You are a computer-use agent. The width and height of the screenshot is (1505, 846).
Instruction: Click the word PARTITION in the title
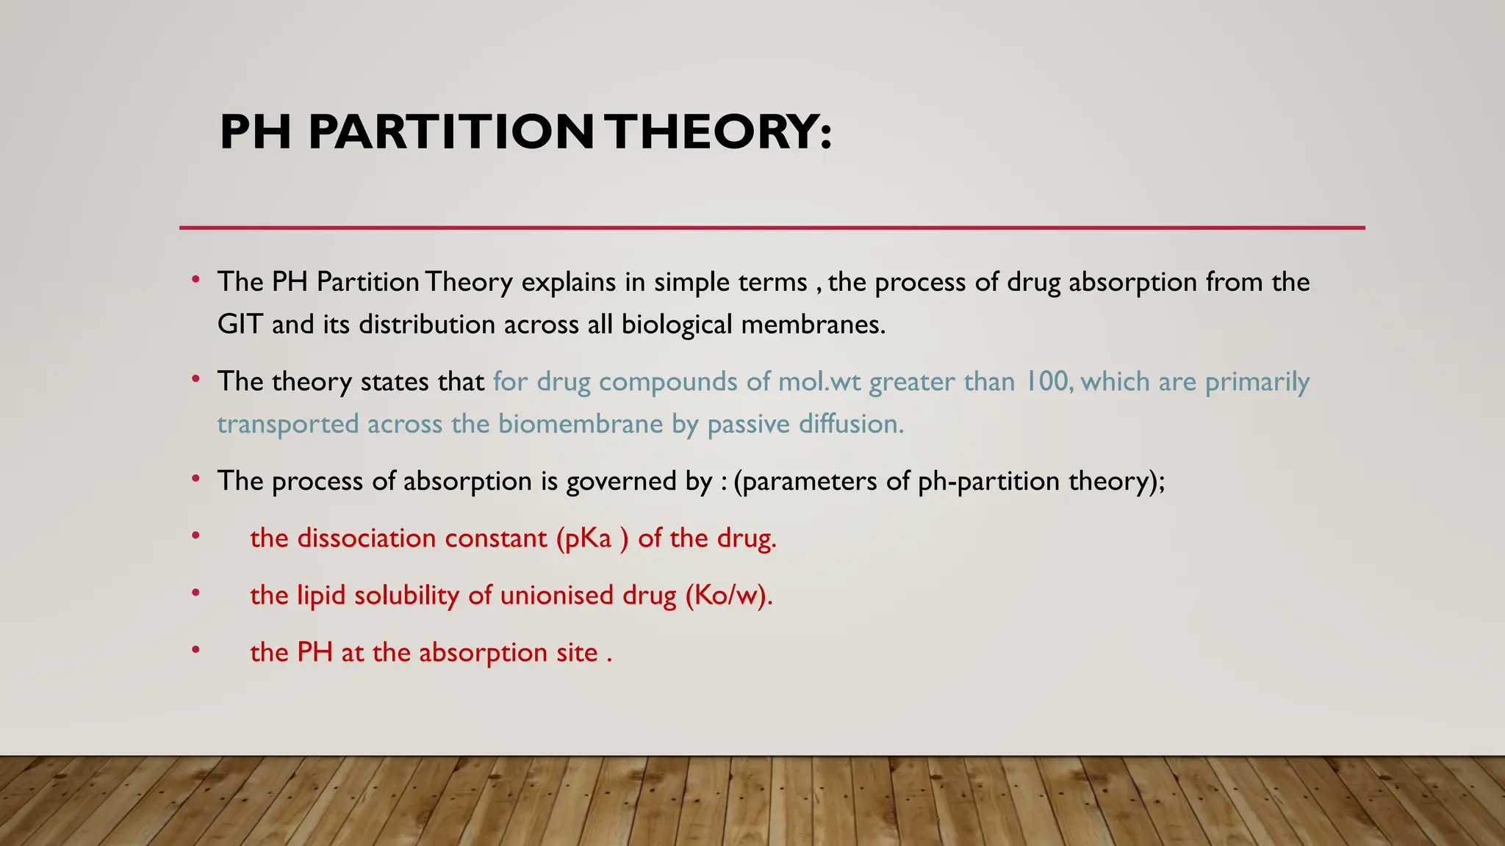point(450,132)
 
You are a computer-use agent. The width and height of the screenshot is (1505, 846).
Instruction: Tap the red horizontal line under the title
point(772,228)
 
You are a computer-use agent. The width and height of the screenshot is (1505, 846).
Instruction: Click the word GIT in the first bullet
point(240,325)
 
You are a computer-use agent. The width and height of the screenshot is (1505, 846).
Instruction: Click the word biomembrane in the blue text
point(581,424)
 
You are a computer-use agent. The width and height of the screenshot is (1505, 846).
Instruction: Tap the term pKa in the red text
point(588,538)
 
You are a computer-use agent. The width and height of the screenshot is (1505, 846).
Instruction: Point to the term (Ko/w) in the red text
point(728,595)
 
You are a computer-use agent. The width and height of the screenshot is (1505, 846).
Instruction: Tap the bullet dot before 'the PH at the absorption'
point(195,649)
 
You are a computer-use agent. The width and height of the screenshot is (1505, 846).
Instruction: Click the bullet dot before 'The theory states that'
point(195,379)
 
